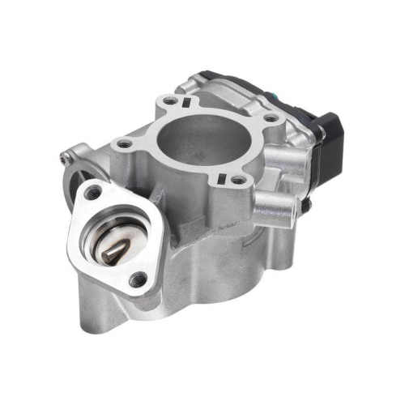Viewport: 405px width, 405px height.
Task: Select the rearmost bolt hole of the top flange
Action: click(x=171, y=103)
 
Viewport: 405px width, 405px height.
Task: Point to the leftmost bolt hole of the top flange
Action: click(x=124, y=144)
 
